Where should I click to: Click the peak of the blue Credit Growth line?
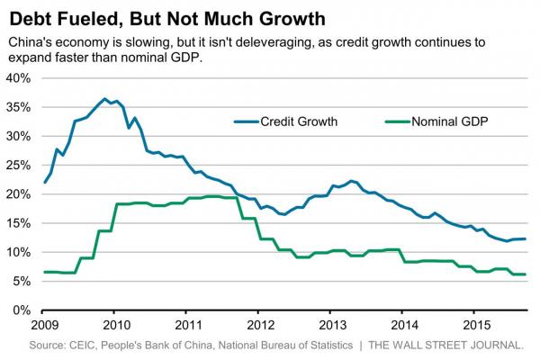click(x=105, y=99)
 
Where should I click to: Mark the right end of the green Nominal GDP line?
click(x=526, y=274)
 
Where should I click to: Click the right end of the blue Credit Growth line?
click(x=526, y=238)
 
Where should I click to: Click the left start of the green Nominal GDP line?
click(x=45, y=272)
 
